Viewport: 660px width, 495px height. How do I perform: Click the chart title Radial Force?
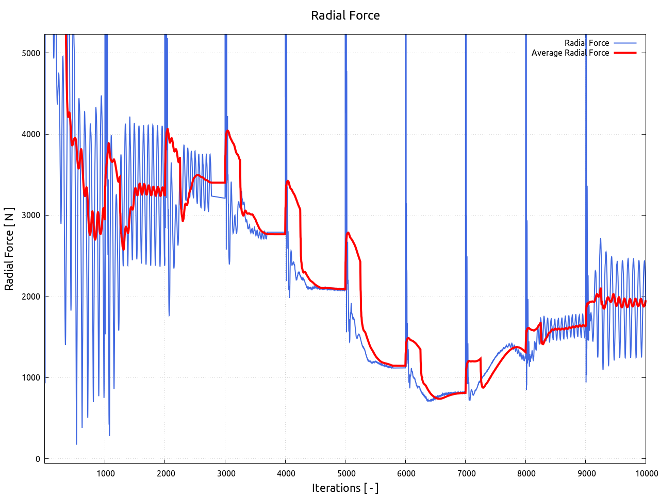[x=345, y=15]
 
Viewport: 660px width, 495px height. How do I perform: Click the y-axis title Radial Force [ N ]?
[x=9, y=249]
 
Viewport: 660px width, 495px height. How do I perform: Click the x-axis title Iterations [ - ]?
[x=345, y=488]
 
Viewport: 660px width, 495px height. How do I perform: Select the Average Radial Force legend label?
[x=570, y=53]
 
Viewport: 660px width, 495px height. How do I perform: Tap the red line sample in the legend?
[x=625, y=53]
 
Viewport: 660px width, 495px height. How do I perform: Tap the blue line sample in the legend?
[x=625, y=43]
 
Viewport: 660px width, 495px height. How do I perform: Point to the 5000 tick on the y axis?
[x=31, y=53]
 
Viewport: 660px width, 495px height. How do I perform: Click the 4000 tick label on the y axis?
[x=31, y=134]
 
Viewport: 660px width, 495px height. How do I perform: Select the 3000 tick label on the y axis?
[x=31, y=216]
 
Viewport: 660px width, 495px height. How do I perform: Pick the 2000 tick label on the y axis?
[x=31, y=296]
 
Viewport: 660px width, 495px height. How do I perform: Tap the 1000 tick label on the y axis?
[x=31, y=377]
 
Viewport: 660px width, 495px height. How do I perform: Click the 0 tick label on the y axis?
[x=38, y=459]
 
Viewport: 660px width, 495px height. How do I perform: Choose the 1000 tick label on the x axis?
[x=105, y=473]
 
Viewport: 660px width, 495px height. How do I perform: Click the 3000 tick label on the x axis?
[x=225, y=473]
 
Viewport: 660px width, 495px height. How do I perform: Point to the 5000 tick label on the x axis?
[x=345, y=473]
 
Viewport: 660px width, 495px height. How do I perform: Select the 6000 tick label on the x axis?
[x=406, y=473]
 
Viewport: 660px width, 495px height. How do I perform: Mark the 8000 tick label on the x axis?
[x=526, y=473]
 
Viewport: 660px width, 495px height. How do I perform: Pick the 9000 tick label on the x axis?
[x=586, y=473]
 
